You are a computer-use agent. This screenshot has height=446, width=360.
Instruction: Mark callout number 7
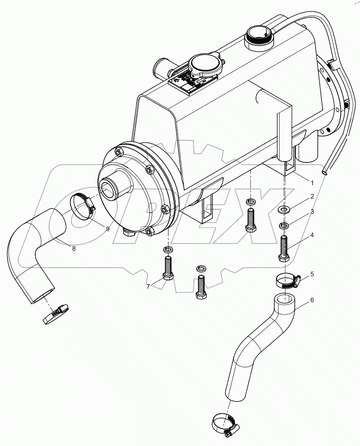click(149, 287)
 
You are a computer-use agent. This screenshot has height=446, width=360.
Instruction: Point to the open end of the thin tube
click(325, 173)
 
